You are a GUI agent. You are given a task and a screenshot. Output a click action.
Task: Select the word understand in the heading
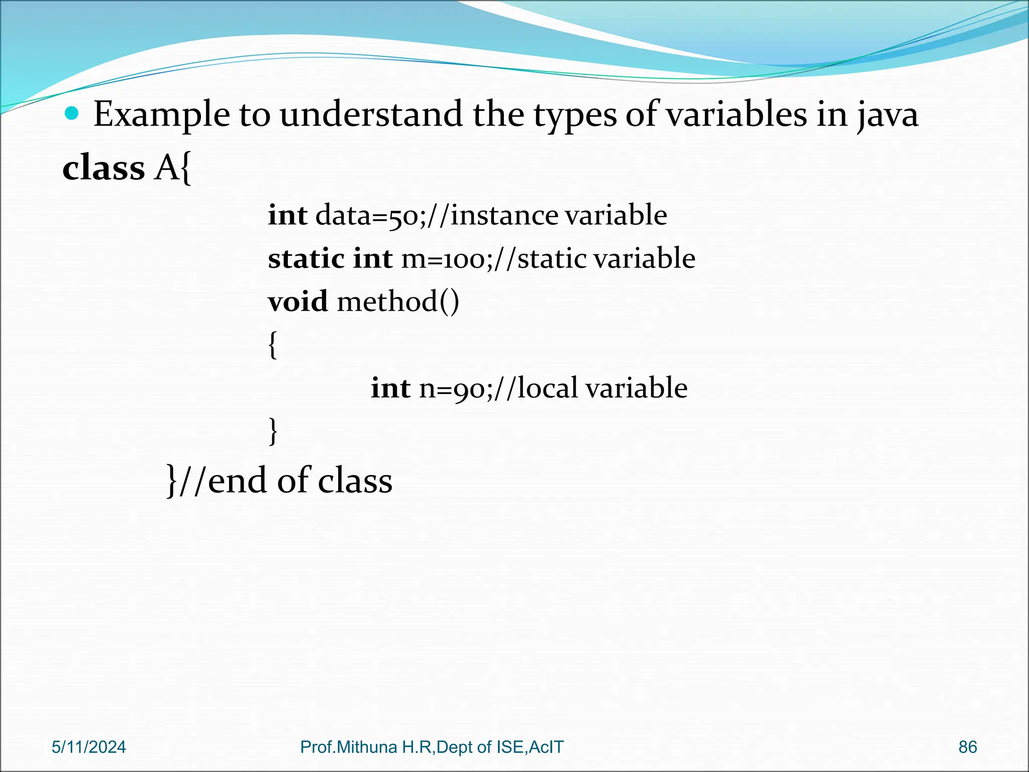371,115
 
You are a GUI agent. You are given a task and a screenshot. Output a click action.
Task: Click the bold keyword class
104,168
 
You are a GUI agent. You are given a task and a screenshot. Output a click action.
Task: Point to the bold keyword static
306,259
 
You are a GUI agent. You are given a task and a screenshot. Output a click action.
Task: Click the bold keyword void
297,302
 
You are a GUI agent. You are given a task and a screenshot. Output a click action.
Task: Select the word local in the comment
548,389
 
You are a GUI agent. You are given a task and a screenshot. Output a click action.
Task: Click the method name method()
398,302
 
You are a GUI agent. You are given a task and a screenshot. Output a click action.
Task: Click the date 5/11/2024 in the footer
89,747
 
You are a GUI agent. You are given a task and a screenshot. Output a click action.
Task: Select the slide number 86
968,747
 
